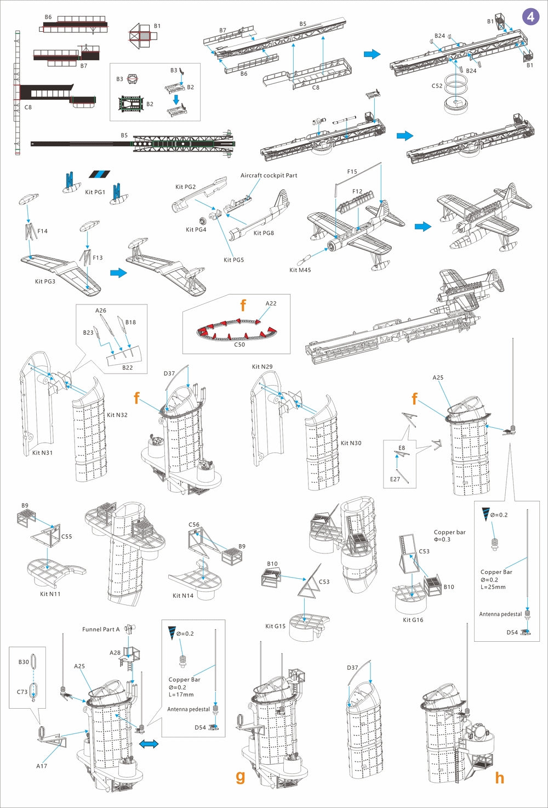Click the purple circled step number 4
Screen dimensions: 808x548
click(x=530, y=17)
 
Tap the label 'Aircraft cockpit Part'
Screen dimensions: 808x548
click(x=269, y=176)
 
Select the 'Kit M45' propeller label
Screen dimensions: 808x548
click(x=300, y=270)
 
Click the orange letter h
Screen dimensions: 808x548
click(x=499, y=777)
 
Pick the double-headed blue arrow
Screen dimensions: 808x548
click(x=149, y=744)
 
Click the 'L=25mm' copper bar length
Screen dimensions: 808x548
click(x=493, y=587)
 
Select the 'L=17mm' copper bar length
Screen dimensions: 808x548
click(x=181, y=694)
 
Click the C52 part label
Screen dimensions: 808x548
click(x=437, y=86)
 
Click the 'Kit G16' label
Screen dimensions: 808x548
click(x=413, y=620)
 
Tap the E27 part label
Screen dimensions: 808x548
click(x=395, y=479)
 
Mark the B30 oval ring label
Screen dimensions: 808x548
click(x=24, y=662)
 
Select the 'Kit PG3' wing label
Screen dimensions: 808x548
click(x=45, y=281)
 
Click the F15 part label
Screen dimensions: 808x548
click(x=352, y=172)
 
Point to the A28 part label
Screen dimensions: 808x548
click(x=115, y=653)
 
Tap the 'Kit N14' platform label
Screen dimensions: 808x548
click(x=182, y=596)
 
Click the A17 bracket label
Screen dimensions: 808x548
click(x=42, y=766)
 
